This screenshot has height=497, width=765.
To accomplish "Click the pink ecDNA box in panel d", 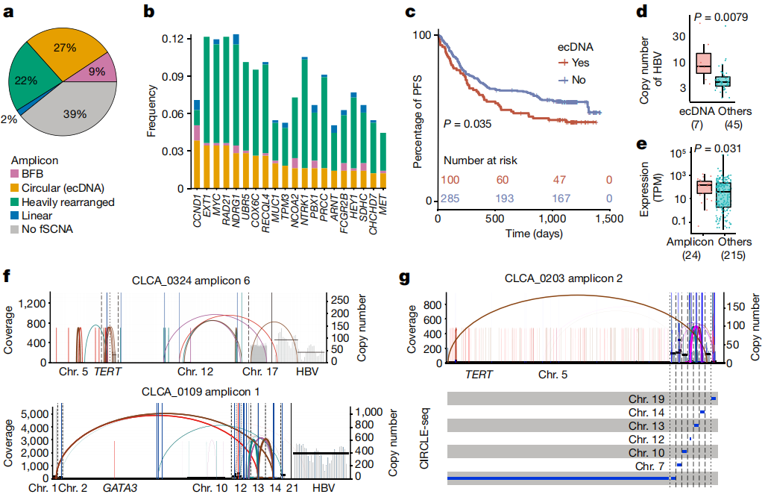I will pos(702,63).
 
